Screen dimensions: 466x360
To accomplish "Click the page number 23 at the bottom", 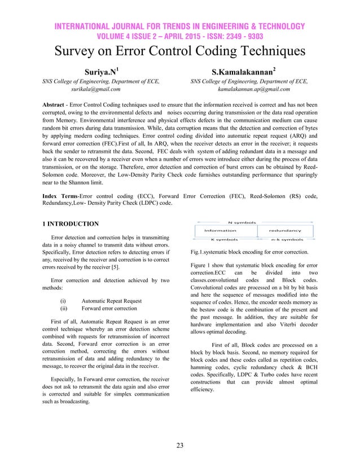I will click(x=179, y=446).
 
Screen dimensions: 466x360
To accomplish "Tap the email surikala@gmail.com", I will click(x=95, y=89).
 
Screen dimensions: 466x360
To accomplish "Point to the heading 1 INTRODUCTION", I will click(x=71, y=224).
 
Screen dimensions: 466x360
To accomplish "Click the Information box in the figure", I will click(x=220, y=230).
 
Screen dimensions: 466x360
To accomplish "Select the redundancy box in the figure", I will click(x=284, y=230).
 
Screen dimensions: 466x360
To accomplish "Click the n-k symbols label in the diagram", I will click(x=284, y=239).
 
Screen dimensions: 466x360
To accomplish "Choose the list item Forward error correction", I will click(x=109, y=309).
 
